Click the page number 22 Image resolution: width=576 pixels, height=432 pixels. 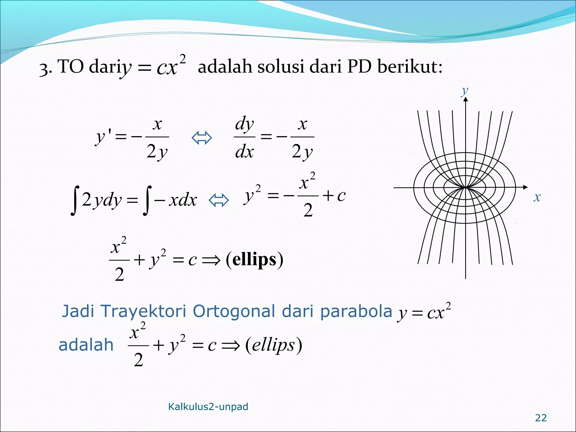541,418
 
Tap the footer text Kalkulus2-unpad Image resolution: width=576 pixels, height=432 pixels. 208,407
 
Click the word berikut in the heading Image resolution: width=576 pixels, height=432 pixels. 409,67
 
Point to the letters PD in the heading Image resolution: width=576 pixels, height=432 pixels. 359,67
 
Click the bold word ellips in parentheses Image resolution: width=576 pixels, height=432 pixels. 254,259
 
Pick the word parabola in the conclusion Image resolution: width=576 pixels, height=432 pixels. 356,311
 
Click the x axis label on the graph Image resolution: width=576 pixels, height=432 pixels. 537,197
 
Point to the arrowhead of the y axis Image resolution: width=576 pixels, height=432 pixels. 466,99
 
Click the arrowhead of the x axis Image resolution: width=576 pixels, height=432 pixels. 525,187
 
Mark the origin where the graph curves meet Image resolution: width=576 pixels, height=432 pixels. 466,187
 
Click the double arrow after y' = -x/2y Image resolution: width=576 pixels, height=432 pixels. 202,138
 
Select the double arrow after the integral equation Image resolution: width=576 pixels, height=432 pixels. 219,200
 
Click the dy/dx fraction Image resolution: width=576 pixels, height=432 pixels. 244,138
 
